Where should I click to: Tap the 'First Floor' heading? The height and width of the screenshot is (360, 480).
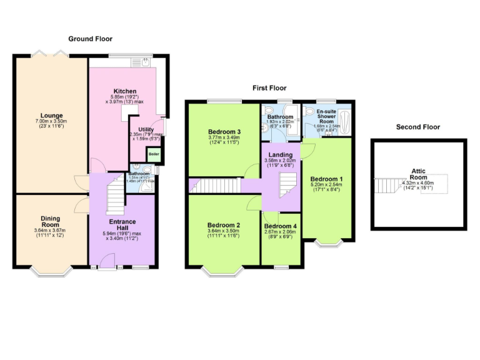(269, 88)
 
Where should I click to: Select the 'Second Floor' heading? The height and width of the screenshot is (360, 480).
(418, 127)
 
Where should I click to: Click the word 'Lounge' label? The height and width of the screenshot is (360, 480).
(51, 115)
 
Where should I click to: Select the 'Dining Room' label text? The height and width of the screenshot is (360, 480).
(51, 222)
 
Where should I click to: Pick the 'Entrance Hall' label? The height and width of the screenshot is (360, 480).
(122, 225)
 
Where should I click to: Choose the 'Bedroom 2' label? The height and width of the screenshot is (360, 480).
(223, 224)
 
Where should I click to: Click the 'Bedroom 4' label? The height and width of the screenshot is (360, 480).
(280, 226)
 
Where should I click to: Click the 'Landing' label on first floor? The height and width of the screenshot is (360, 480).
(280, 154)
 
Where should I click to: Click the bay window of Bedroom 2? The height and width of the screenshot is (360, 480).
(223, 271)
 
